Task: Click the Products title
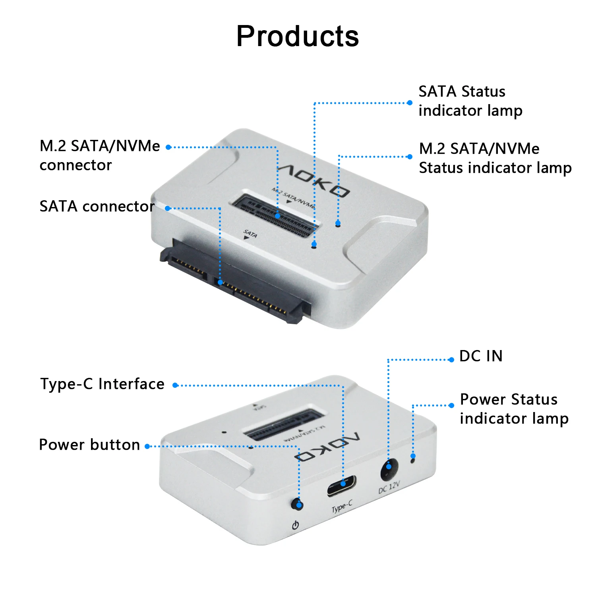(298, 36)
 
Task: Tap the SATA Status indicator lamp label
(470, 101)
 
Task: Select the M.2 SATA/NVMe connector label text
(100, 155)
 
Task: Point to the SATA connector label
(97, 206)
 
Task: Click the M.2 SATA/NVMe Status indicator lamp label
(495, 158)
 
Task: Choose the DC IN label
(481, 356)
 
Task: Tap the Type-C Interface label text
(103, 384)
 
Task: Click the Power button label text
(89, 445)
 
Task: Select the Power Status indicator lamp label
(514, 409)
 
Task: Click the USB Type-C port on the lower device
(342, 486)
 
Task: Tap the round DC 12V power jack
(389, 470)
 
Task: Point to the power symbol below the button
(295, 525)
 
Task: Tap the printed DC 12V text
(389, 488)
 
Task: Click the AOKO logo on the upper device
(314, 180)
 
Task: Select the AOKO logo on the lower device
(327, 447)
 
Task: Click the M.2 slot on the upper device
(275, 215)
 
